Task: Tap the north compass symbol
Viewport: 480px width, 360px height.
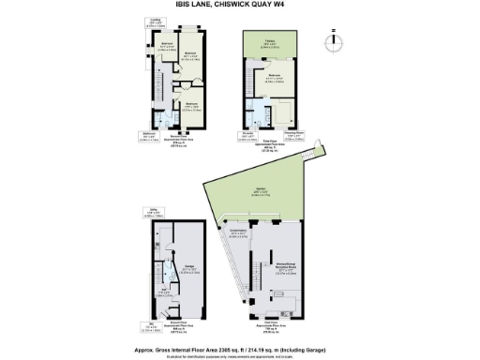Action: pos(331,42)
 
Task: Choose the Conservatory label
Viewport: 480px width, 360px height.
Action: pos(238,231)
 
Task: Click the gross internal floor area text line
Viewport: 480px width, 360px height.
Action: pos(239,345)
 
